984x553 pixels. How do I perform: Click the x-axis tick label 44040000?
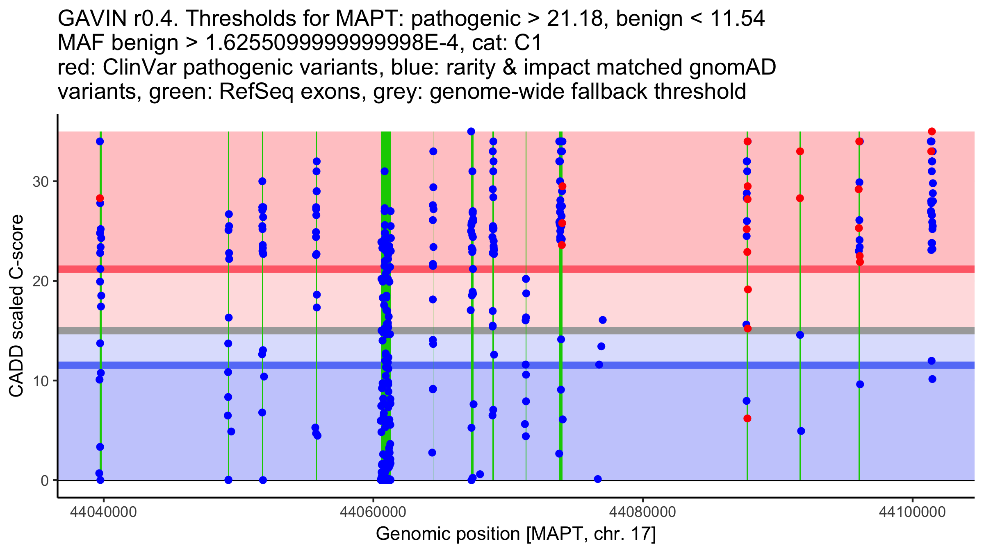103,512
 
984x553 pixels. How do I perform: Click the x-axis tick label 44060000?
373,512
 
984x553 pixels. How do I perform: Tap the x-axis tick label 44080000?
642,512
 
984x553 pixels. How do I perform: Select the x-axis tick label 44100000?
912,512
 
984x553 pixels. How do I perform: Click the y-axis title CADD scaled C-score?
16,306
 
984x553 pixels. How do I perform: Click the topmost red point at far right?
932,131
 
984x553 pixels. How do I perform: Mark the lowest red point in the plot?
747,419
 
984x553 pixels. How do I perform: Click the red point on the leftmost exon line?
100,198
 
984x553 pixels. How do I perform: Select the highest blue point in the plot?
471,131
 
